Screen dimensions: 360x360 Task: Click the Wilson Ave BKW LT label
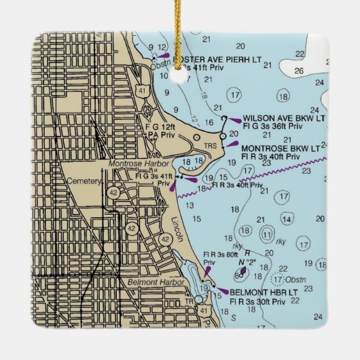[x=284, y=118]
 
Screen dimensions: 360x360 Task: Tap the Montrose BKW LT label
[x=281, y=148]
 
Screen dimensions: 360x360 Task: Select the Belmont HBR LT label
[x=265, y=292]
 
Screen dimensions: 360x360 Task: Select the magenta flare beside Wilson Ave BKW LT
[x=234, y=121]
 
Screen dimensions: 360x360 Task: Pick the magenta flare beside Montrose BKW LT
[x=232, y=143]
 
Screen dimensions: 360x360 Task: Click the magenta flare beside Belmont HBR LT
[x=221, y=292]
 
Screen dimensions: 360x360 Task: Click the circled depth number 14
[x=288, y=219]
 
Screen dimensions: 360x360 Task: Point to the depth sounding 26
[x=300, y=71]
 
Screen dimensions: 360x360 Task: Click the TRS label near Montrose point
[x=211, y=146]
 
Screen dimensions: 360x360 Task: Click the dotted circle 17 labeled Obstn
[x=277, y=278]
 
